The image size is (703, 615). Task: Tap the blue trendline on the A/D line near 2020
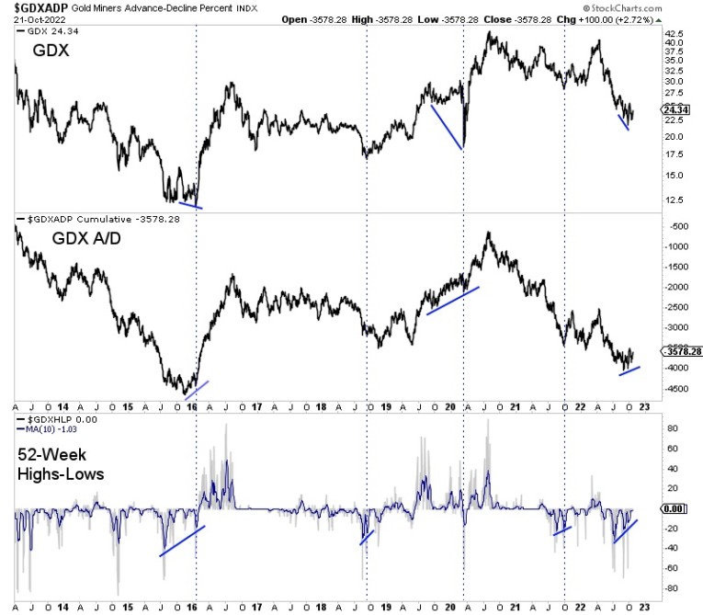coord(453,301)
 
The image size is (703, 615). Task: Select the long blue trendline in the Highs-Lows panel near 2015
coord(182,541)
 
